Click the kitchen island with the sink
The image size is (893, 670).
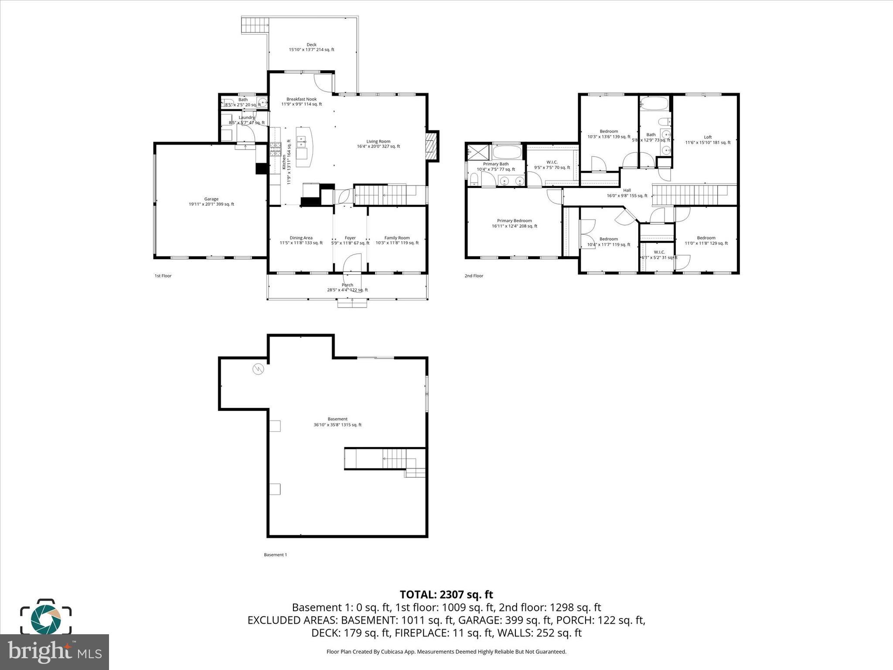point(304,147)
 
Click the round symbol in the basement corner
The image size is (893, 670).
point(258,369)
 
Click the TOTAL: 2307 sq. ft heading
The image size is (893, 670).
point(446,595)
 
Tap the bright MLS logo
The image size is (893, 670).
point(54,652)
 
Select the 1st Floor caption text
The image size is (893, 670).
point(163,276)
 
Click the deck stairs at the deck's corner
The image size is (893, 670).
point(254,25)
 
